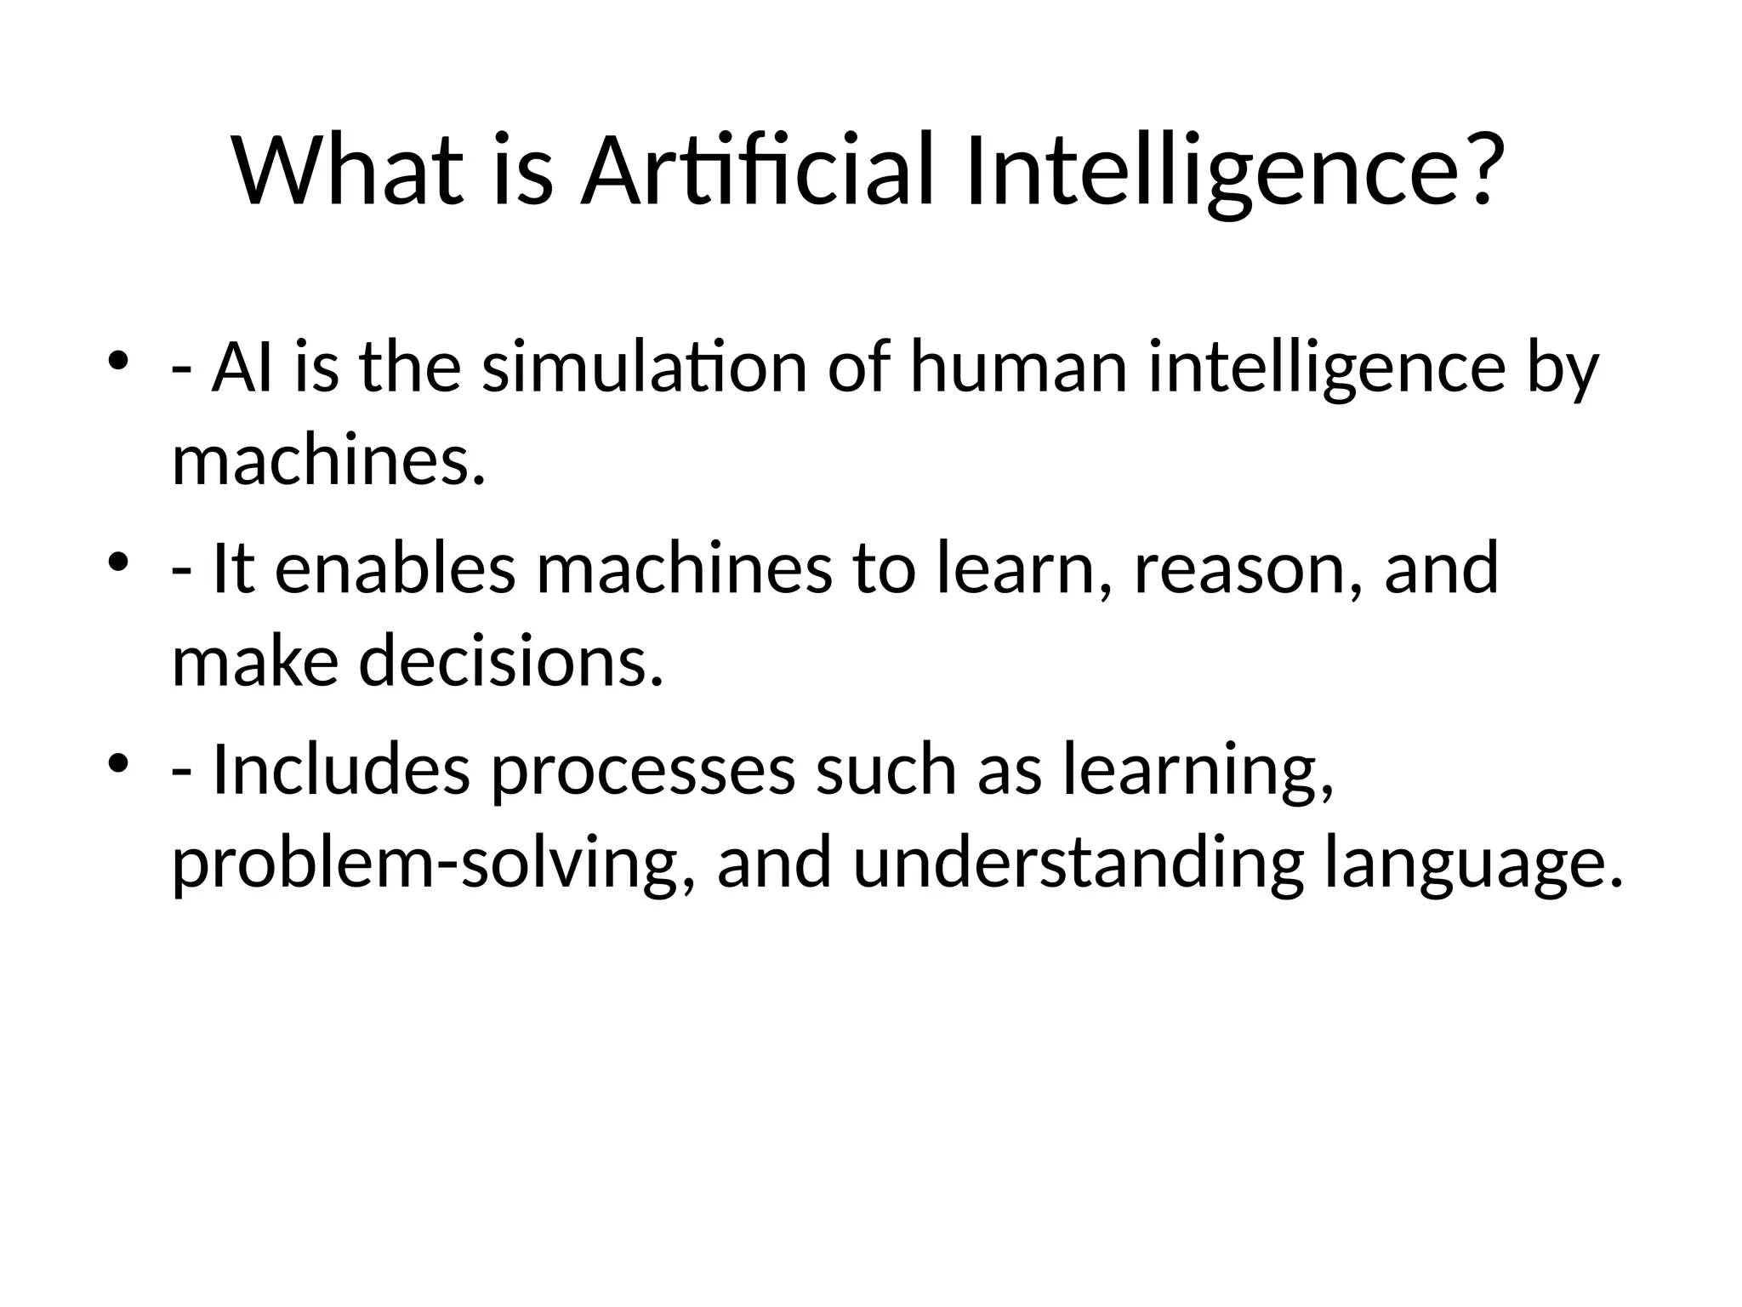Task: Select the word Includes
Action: pyautogui.click(x=340, y=770)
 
